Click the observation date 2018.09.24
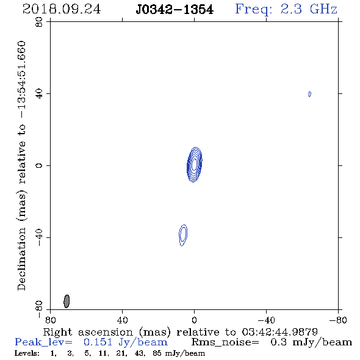[x=62, y=9]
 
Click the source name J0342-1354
[x=175, y=10]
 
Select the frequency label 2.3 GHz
[x=309, y=9]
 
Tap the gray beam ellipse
[x=67, y=301]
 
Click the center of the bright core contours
[x=195, y=165]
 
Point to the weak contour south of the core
[x=183, y=236]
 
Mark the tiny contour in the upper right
[x=310, y=94]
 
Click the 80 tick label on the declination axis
[x=39, y=22]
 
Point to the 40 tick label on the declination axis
[x=39, y=94]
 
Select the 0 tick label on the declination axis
[x=39, y=165]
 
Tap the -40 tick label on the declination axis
[x=39, y=237]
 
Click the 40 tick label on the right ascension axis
[x=123, y=320]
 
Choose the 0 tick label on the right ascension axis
[x=194, y=320]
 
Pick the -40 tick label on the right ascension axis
[x=266, y=320]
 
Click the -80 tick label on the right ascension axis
[x=338, y=320]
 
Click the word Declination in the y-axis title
[x=21, y=259]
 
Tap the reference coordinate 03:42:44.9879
[x=279, y=332]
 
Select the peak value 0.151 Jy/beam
[x=126, y=342]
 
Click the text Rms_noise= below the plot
[x=225, y=342]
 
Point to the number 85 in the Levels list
[x=157, y=353]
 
